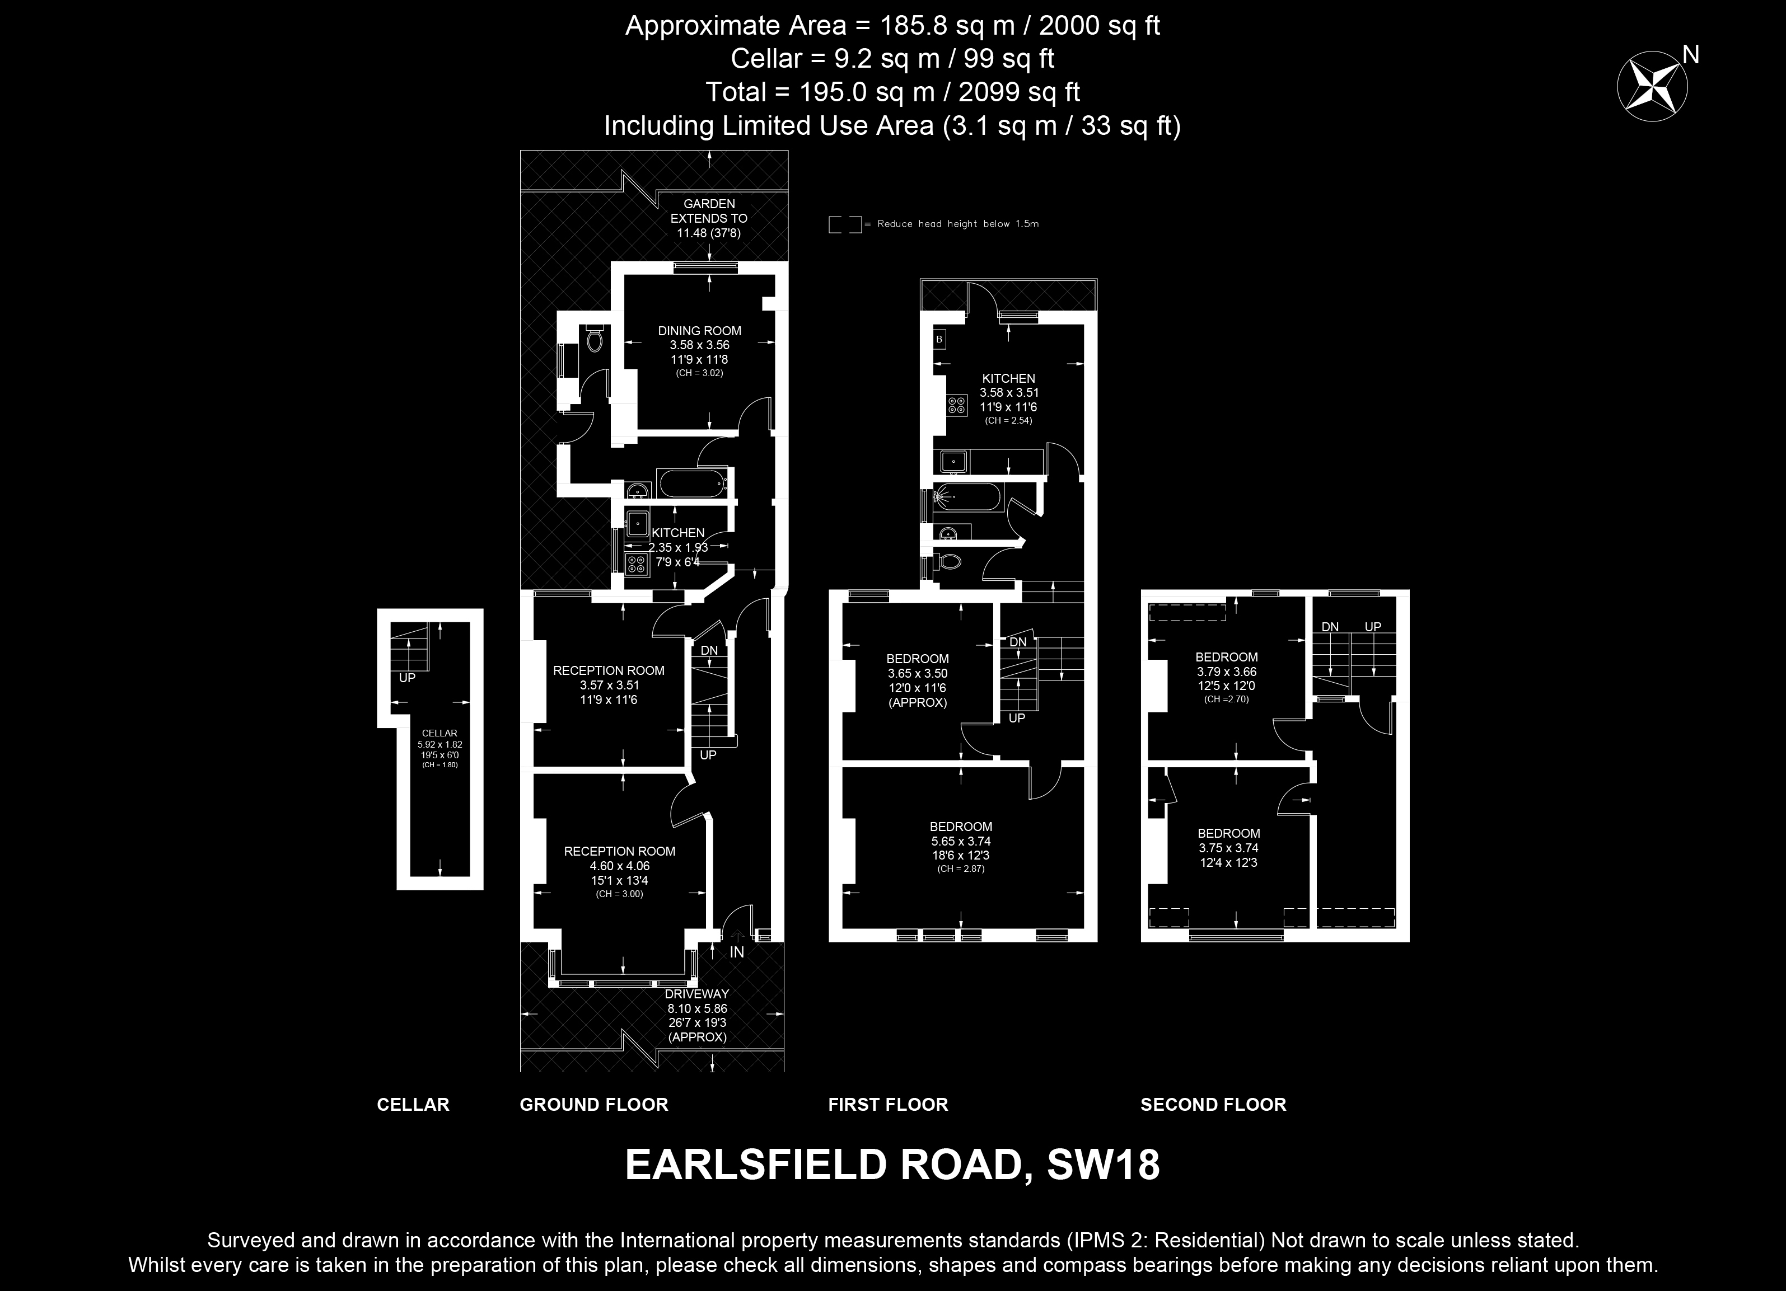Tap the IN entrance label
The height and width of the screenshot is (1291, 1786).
tap(736, 952)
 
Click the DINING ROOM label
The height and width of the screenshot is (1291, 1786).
tap(699, 331)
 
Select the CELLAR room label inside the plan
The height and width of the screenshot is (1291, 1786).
tap(440, 733)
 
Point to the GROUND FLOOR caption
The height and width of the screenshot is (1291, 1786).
tap(594, 1105)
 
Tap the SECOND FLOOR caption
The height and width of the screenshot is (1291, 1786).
tap(1213, 1105)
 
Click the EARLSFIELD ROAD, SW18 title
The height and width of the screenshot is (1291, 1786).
tap(892, 1165)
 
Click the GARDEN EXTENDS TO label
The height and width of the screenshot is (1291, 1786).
tap(709, 211)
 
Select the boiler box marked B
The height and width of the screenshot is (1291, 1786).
tap(939, 339)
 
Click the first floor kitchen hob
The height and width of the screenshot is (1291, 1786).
tap(957, 405)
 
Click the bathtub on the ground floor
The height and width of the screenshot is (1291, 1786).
tap(692, 482)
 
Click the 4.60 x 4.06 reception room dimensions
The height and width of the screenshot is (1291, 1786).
tap(619, 866)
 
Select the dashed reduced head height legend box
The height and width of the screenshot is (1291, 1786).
tap(845, 224)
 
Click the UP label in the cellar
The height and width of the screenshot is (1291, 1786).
tap(407, 677)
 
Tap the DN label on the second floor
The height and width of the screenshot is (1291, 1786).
tap(1330, 627)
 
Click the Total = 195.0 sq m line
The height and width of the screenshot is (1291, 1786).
tap(892, 92)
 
